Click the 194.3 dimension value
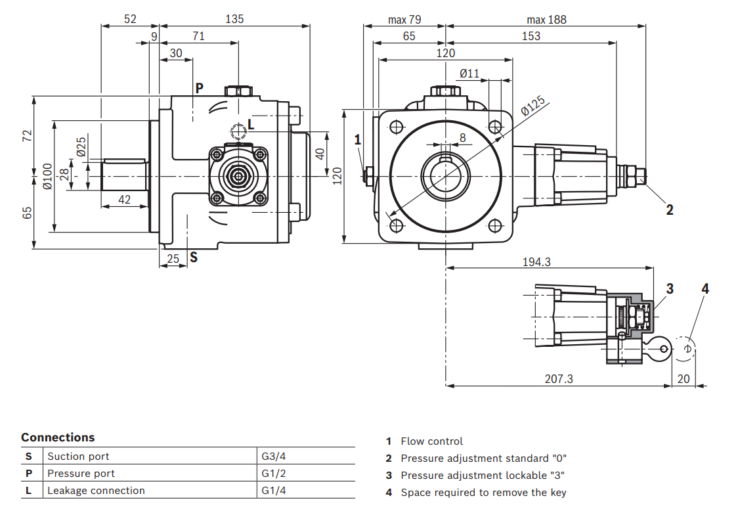coord(536,261)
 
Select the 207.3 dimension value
coord(559,378)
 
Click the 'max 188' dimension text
coord(546,20)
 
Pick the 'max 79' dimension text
coord(404,20)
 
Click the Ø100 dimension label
coord(47,176)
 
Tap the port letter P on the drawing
coord(199,88)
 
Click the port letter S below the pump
coord(194,257)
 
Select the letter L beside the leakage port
coord(251,124)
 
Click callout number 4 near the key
coord(705,288)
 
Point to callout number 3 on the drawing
coord(670,288)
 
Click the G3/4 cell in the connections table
coord(274,456)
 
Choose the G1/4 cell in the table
coord(274,490)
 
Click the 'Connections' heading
coord(58,437)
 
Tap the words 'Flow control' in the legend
coord(431,441)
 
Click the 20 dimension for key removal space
coord(684,378)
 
